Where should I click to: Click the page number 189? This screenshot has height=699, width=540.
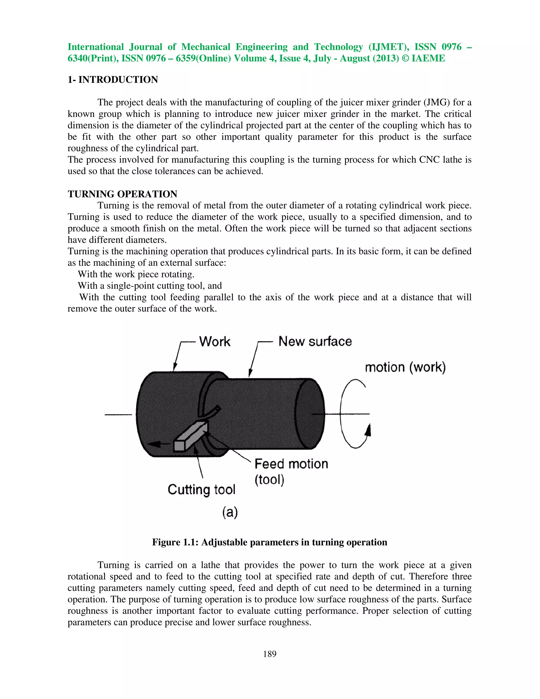click(x=269, y=654)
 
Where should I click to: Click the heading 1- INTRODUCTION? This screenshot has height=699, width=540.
click(x=113, y=79)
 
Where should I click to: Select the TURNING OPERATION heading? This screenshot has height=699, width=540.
click(x=122, y=194)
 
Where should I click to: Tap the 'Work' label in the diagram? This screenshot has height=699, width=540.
click(x=215, y=342)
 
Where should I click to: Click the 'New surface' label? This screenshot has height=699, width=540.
click(x=315, y=342)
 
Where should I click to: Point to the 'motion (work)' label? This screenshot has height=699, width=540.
click(x=405, y=367)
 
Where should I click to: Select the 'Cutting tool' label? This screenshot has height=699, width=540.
click(x=201, y=489)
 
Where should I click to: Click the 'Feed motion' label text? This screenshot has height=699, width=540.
click(x=291, y=464)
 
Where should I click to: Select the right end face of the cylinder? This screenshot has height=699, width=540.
click(x=309, y=414)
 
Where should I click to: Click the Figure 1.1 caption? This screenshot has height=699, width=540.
click(x=269, y=542)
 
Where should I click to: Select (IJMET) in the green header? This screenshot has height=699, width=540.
click(x=389, y=47)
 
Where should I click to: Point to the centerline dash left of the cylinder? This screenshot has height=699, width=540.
click(x=118, y=415)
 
